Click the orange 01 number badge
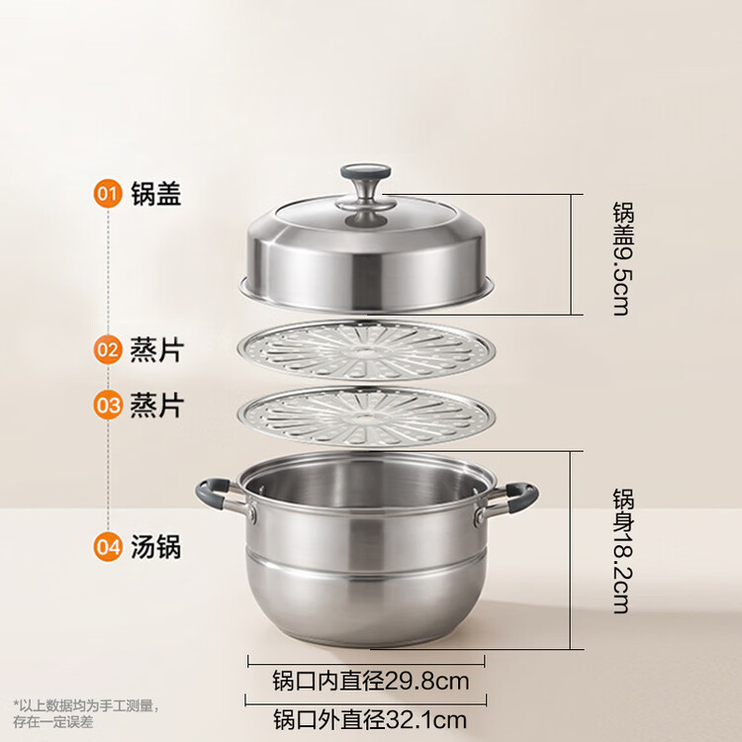[x=108, y=193]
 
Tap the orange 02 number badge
[x=108, y=349]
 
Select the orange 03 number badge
[x=108, y=405]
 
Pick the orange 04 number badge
[x=108, y=547]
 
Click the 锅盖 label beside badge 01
[x=156, y=193]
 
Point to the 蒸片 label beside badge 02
[x=156, y=349]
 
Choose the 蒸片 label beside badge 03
[x=156, y=406]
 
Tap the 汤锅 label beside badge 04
[x=156, y=547]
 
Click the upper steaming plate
[x=366, y=350]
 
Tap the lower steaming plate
[x=366, y=416]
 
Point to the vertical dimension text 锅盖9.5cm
[x=622, y=258]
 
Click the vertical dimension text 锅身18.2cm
[x=622, y=551]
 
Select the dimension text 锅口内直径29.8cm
[x=371, y=681]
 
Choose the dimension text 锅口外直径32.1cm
[x=370, y=719]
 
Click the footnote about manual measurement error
[x=86, y=713]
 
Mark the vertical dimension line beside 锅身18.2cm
[x=571, y=550]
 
